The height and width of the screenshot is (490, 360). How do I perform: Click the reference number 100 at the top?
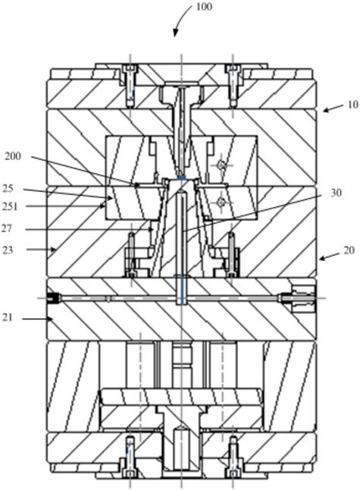[x=204, y=7]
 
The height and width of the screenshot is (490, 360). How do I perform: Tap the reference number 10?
[x=353, y=105]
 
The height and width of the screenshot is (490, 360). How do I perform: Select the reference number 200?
[x=13, y=156]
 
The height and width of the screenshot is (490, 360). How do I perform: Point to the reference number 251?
[x=11, y=206]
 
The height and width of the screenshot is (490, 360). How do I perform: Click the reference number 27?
[x=7, y=228]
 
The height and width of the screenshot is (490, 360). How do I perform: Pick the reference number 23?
[x=8, y=250]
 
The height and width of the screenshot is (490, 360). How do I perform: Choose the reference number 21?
[x=8, y=318]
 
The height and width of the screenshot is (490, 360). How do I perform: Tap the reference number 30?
[x=336, y=193]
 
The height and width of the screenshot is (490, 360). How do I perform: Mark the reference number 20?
[x=349, y=250]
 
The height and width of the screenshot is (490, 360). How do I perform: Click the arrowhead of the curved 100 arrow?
[x=175, y=33]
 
